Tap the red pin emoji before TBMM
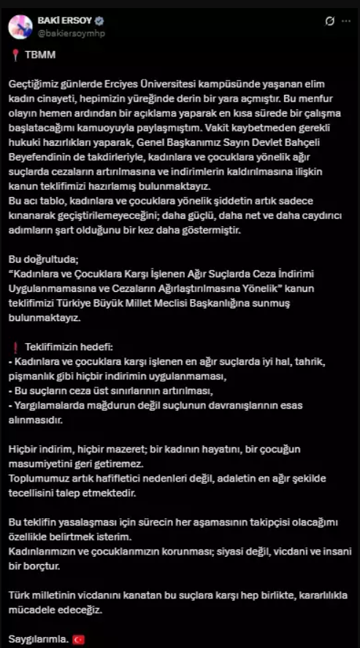(12, 55)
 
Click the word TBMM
(35, 55)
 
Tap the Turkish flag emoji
(80, 639)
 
